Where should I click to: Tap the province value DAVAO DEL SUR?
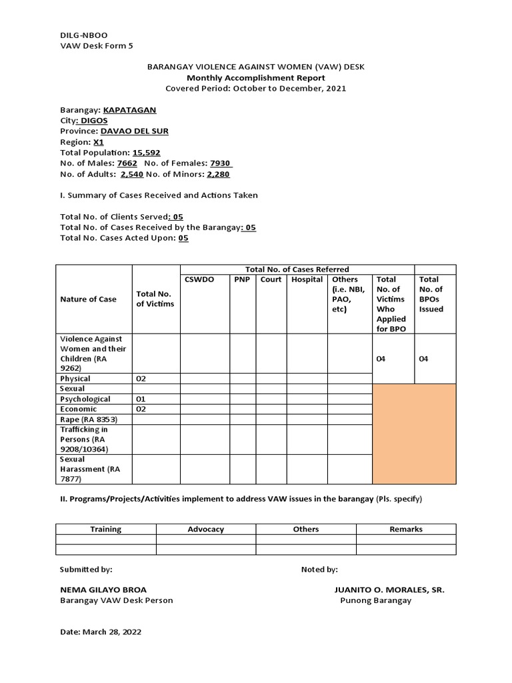point(134,131)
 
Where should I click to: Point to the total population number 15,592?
point(146,153)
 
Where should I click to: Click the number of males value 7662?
point(127,163)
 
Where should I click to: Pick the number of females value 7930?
point(220,163)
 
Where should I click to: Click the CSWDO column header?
point(200,279)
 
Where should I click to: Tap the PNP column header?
point(242,279)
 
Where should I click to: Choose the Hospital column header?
point(307,279)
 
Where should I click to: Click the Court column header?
point(271,279)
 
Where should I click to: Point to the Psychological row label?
point(85,399)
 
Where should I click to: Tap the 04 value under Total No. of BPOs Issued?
point(424,359)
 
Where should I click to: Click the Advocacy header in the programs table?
point(206,529)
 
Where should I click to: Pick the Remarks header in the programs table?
point(406,529)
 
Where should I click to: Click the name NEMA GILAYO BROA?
point(103,590)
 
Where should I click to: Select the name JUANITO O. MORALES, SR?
point(389,590)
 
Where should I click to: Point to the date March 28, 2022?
point(101,632)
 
